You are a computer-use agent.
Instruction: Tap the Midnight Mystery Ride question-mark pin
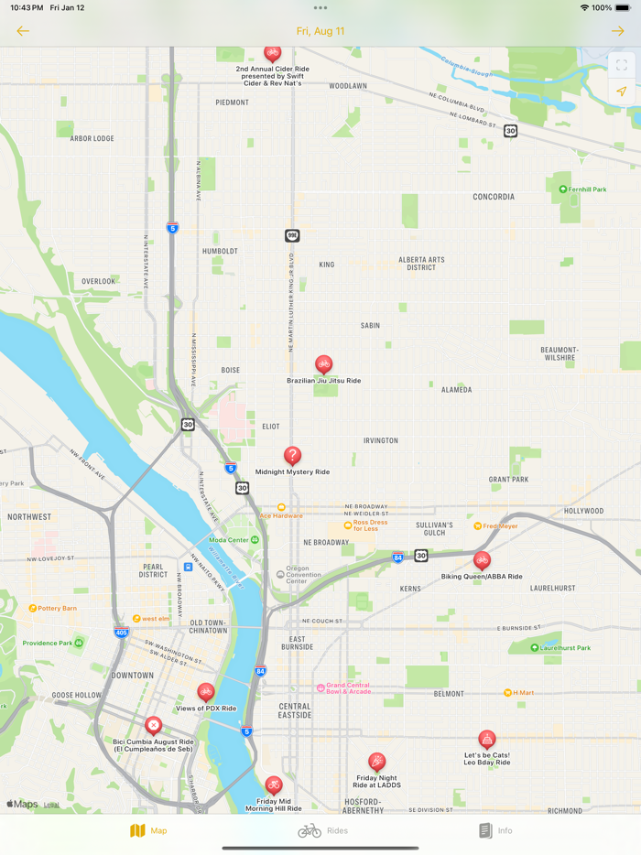tap(292, 455)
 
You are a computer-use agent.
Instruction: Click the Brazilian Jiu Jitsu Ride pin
tap(323, 364)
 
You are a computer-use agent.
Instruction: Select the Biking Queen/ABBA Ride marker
tap(482, 560)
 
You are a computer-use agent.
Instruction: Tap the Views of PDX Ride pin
tap(206, 692)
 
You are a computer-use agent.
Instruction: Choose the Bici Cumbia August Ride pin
tap(154, 725)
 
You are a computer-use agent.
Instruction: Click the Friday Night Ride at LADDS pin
tap(376, 762)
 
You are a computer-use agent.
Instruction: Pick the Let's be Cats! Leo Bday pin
tap(487, 739)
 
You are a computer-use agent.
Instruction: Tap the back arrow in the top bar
tap(23, 31)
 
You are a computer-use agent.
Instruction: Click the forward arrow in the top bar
tap(618, 31)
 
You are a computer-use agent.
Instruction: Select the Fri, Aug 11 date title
tap(320, 31)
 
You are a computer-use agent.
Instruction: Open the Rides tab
tap(322, 830)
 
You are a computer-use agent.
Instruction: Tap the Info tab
tap(495, 830)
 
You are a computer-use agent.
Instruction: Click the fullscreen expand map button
tap(621, 66)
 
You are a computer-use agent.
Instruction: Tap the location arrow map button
tap(621, 92)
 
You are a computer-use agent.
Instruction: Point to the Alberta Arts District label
tap(421, 264)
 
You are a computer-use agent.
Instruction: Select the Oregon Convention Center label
tap(310, 575)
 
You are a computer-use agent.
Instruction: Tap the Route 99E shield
tap(292, 236)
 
